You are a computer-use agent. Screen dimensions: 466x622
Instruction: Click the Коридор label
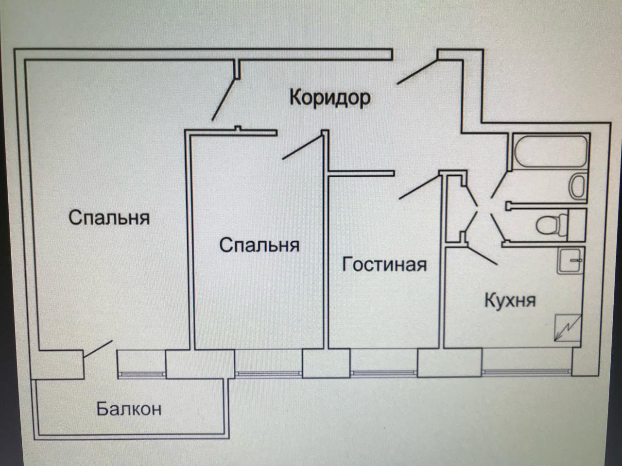click(330, 97)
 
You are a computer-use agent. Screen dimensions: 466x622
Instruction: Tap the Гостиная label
click(384, 265)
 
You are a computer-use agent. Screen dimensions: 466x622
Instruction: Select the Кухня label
click(510, 300)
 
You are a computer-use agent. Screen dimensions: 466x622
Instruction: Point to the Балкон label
click(129, 409)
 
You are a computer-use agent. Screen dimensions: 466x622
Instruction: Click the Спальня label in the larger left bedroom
click(109, 217)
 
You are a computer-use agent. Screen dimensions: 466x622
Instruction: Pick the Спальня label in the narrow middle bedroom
click(259, 245)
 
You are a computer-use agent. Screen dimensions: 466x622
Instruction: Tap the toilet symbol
click(551, 224)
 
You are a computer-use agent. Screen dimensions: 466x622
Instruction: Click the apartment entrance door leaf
click(417, 71)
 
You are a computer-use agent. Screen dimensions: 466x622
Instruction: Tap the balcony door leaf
click(98, 349)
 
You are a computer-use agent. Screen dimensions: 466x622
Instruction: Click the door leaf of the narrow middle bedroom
click(301, 148)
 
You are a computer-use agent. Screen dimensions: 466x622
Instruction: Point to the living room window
click(384, 373)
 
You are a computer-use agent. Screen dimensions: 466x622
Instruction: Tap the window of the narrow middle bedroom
click(268, 373)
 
